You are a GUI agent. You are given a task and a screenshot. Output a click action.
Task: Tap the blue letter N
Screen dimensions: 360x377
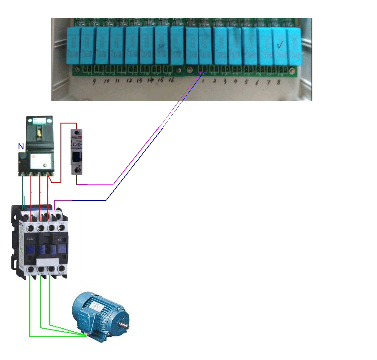(21, 146)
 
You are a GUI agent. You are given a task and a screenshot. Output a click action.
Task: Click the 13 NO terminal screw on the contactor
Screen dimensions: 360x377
(61, 228)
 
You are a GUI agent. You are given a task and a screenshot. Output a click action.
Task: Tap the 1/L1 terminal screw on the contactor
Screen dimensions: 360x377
(30, 228)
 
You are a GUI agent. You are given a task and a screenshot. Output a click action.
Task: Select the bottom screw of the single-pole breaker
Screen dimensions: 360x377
(77, 170)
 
